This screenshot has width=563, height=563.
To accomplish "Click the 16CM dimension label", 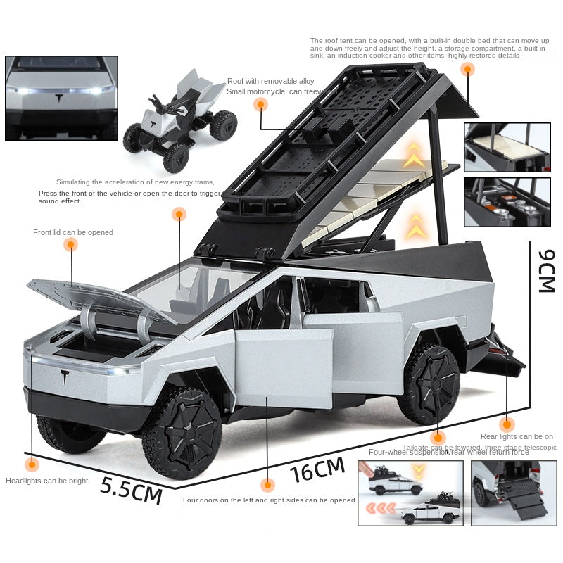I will (318, 469).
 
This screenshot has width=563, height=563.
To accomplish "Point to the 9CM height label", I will (545, 270).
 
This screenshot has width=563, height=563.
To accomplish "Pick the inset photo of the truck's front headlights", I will (61, 98).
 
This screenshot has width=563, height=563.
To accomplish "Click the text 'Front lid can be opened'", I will (73, 232).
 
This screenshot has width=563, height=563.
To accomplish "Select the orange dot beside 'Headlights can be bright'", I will (31, 464).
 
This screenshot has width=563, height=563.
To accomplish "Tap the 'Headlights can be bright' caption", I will (47, 481).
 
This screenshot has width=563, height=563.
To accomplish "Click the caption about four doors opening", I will (269, 500).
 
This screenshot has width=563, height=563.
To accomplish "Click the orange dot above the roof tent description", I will (467, 69).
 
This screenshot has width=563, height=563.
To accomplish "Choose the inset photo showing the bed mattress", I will (507, 147).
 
